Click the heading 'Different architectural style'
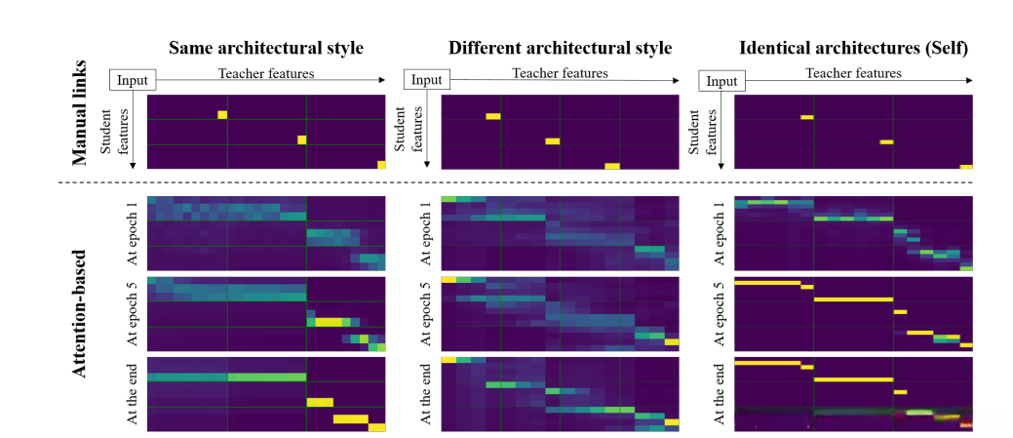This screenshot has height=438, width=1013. point(560,48)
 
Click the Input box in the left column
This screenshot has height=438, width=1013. point(131,81)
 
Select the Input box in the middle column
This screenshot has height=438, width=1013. point(424,81)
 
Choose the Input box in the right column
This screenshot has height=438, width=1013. point(721,81)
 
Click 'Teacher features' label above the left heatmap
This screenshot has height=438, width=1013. point(266,73)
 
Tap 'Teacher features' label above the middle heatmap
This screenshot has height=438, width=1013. point(561,73)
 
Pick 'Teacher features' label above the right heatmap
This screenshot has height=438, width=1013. point(853,73)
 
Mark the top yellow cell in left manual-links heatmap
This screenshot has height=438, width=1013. point(222,115)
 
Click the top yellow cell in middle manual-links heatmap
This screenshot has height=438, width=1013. point(493,117)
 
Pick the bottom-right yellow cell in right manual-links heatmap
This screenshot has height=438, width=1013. point(965,167)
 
